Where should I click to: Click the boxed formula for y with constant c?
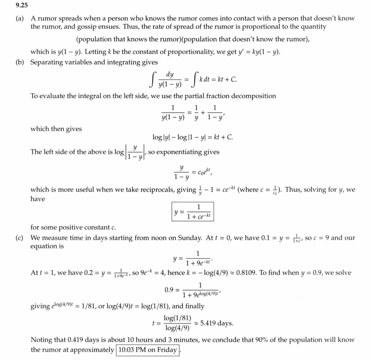point(193,212)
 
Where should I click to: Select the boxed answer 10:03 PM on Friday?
point(147,350)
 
